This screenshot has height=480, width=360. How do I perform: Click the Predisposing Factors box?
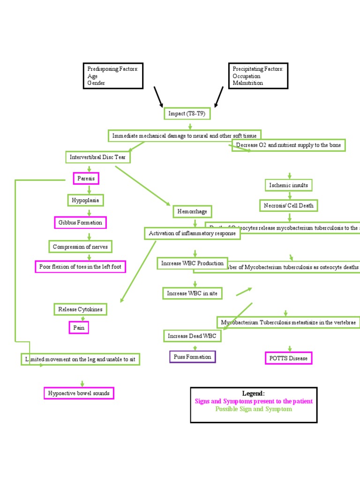tap(112, 75)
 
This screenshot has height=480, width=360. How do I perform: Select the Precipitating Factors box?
tap(258, 75)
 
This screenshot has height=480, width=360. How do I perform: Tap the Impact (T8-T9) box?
tap(186, 113)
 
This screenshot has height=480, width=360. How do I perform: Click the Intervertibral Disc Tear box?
tap(97, 157)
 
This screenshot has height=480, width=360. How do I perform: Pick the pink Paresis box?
tap(86, 179)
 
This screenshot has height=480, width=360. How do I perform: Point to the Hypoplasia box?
tap(85, 200)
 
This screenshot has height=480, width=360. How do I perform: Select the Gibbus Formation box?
tap(80, 222)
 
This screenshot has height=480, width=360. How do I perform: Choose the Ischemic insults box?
tap(288, 185)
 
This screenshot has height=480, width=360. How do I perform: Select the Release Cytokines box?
tap(80, 309)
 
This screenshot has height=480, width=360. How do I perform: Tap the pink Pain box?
tap(79, 328)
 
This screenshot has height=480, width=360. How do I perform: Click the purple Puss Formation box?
tap(192, 357)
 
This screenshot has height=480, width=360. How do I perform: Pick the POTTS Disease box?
tap(288, 359)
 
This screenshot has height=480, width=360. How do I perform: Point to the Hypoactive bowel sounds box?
tap(79, 393)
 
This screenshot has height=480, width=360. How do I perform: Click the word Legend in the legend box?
tap(253, 394)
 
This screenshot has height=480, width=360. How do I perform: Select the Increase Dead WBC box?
tap(192, 336)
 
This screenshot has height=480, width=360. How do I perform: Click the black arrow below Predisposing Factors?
tap(158, 97)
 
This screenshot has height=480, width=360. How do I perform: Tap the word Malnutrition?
tap(247, 83)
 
